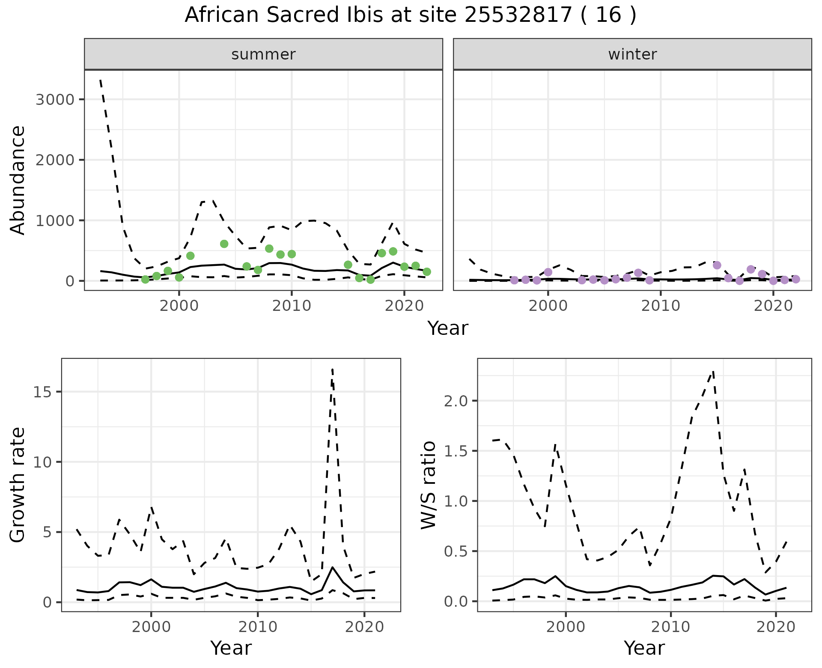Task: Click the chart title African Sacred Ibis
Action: (410, 15)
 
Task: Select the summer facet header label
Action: (263, 54)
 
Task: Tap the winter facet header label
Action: (632, 54)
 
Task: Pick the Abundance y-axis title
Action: (18, 180)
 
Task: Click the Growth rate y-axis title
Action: (18, 485)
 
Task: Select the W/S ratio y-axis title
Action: (429, 485)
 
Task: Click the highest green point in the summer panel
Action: (224, 244)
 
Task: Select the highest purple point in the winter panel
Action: (717, 265)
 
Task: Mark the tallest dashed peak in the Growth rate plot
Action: (332, 369)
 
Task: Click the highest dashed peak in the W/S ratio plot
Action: (713, 371)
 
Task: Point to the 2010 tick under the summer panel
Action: (292, 306)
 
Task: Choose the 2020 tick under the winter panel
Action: (773, 306)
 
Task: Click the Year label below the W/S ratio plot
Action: (644, 648)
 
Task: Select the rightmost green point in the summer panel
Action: (426, 272)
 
